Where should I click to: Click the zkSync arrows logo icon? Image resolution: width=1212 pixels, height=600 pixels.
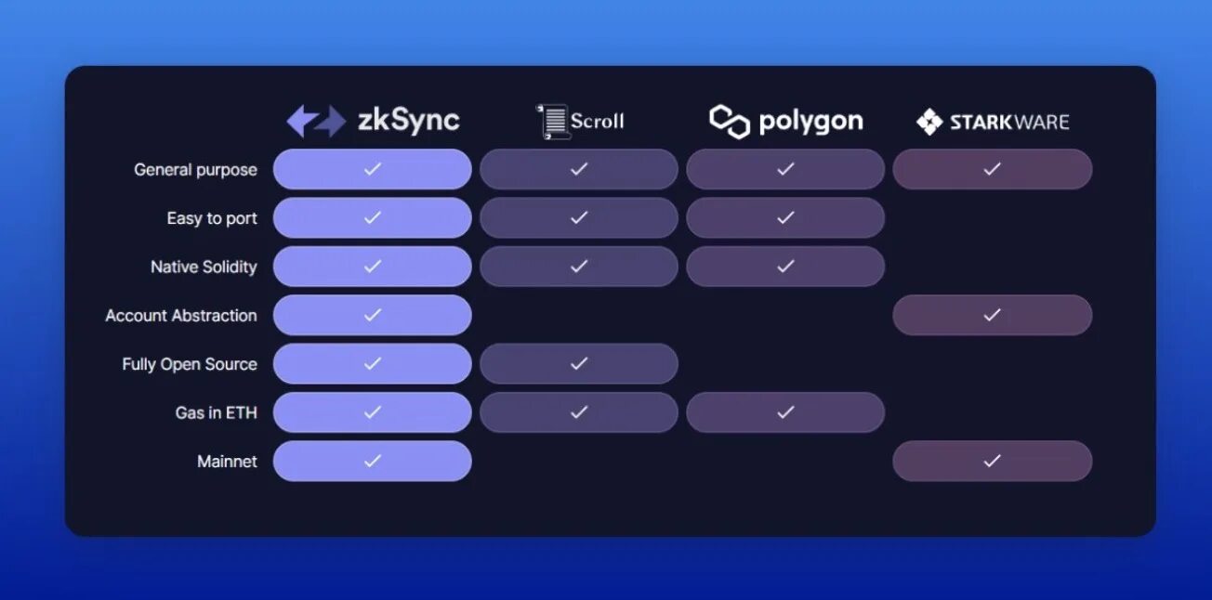click(x=316, y=121)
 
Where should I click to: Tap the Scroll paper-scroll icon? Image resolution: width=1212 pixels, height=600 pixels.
click(x=554, y=122)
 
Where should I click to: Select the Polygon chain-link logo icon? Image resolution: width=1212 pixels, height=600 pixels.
click(x=730, y=122)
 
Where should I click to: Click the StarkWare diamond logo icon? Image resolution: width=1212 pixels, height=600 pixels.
click(x=929, y=122)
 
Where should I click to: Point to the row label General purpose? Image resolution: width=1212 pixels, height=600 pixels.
click(x=195, y=170)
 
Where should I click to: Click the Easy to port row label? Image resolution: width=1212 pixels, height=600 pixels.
click(x=212, y=218)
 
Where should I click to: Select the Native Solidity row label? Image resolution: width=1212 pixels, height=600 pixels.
click(x=204, y=267)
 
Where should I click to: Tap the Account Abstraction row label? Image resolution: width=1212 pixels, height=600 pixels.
click(x=181, y=316)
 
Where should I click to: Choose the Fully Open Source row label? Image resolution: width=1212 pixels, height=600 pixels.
click(x=190, y=364)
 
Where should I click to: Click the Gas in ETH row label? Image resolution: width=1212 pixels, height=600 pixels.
click(x=216, y=412)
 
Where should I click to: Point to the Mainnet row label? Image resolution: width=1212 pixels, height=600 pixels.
click(x=227, y=462)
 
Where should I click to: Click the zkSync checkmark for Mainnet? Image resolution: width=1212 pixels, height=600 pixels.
click(x=373, y=461)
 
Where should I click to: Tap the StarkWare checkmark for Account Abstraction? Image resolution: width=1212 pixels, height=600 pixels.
click(x=992, y=315)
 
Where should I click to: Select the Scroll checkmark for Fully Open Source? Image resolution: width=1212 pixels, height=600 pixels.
click(x=579, y=363)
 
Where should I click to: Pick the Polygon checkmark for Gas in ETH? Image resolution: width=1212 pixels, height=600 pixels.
click(x=785, y=412)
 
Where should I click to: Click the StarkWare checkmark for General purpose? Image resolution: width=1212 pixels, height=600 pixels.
click(x=992, y=169)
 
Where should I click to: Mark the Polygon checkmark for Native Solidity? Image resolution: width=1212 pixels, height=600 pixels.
click(x=785, y=267)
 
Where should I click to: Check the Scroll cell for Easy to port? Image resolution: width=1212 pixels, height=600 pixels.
click(x=579, y=217)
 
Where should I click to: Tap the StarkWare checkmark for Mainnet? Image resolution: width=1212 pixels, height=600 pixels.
click(x=992, y=461)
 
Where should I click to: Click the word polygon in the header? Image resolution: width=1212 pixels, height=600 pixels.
click(x=810, y=122)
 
